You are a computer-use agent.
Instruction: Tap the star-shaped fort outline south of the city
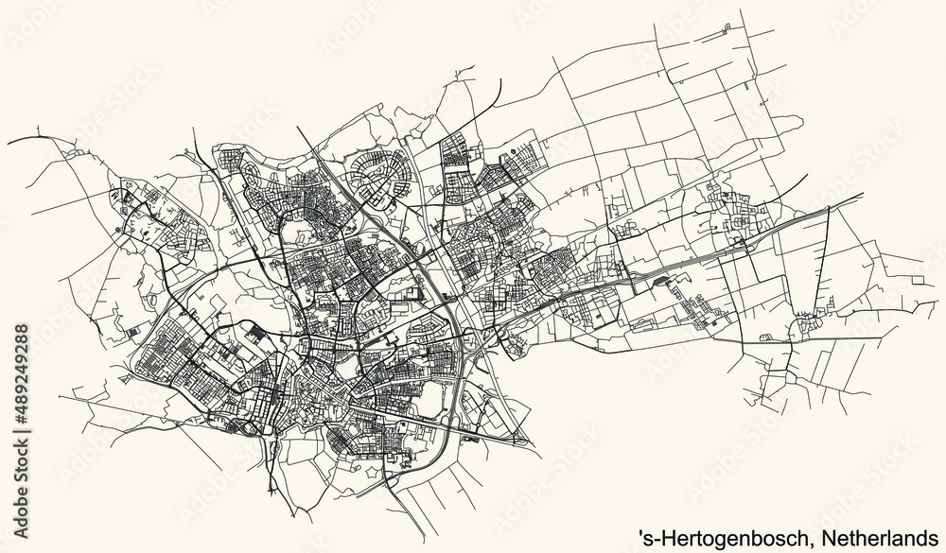254,429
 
